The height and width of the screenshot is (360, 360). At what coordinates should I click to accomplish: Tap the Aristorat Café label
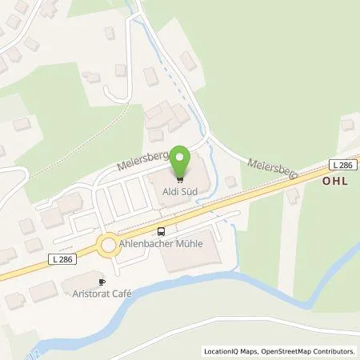pyautogui.click(x=100, y=294)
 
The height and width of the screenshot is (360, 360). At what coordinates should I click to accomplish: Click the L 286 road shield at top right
pyautogui.click(x=342, y=164)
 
